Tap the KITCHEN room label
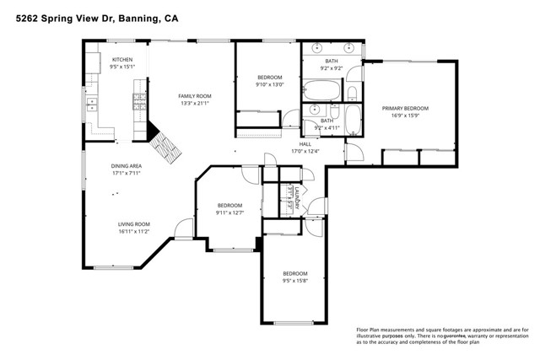(123, 59)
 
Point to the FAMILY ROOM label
(192, 96)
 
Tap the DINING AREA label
(126, 166)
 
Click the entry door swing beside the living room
(184, 228)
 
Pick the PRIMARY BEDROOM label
(405, 109)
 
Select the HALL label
(305, 144)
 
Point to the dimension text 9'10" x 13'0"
(270, 83)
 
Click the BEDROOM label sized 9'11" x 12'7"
(229, 206)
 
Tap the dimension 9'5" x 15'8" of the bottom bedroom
(294, 281)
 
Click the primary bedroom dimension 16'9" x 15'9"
(405, 116)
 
